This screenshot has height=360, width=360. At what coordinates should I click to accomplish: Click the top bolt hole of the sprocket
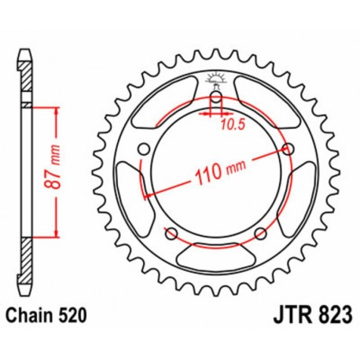215,97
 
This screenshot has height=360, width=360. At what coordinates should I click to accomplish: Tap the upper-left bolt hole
142,151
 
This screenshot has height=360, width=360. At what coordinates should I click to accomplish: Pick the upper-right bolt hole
288,150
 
